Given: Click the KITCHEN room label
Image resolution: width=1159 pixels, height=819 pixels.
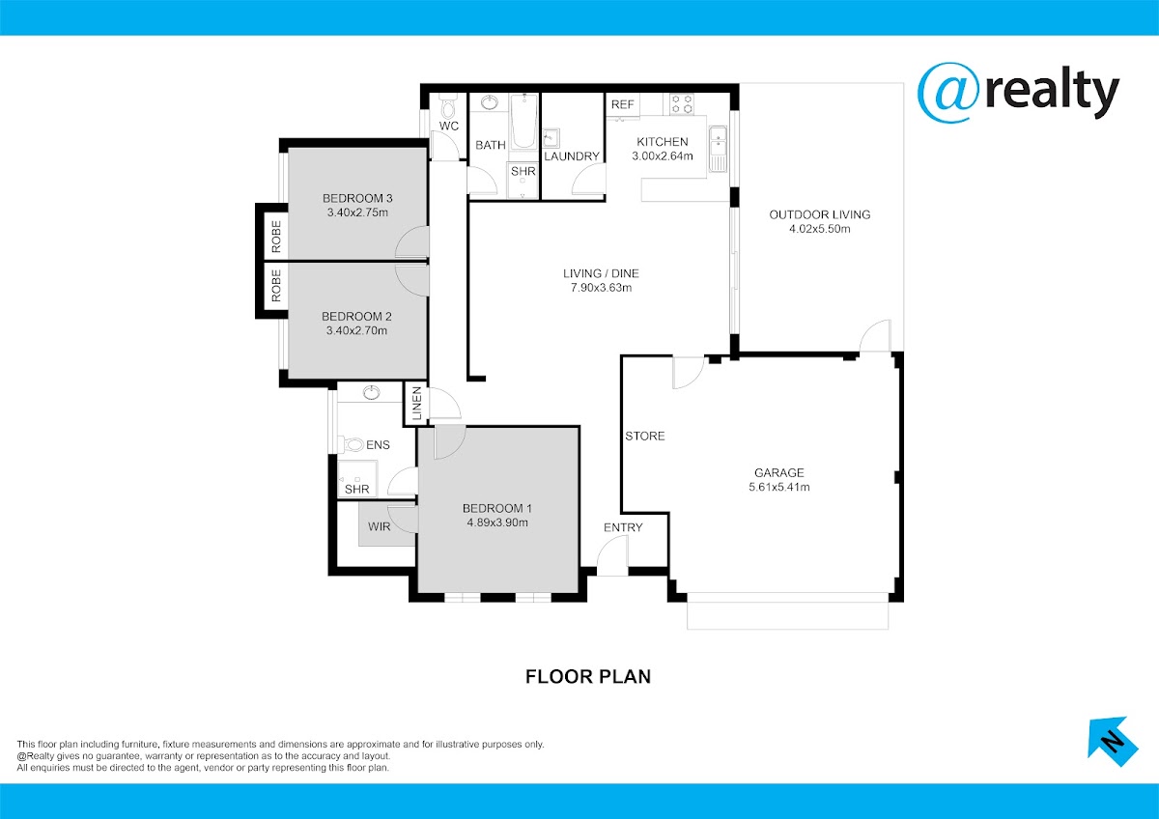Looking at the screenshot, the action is pyautogui.click(x=663, y=142).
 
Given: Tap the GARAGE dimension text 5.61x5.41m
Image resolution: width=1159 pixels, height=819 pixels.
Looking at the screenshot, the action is pyautogui.click(x=779, y=487).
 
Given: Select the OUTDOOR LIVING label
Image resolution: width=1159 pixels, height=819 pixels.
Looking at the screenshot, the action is pyautogui.click(x=820, y=214).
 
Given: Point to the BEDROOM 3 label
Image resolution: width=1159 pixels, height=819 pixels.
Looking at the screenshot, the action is pyautogui.click(x=357, y=198).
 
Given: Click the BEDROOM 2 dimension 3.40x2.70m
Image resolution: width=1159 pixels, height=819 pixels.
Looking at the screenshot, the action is pyautogui.click(x=356, y=330).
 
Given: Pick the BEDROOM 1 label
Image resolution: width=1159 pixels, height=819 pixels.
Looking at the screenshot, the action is pyautogui.click(x=497, y=509).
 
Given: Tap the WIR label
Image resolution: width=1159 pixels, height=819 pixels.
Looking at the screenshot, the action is pyautogui.click(x=380, y=526).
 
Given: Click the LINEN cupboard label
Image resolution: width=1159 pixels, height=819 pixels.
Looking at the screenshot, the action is pyautogui.click(x=417, y=404).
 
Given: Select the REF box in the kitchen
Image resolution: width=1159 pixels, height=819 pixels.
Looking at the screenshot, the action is pyautogui.click(x=622, y=104).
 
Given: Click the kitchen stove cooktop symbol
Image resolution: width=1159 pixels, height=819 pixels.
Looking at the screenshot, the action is pyautogui.click(x=682, y=104).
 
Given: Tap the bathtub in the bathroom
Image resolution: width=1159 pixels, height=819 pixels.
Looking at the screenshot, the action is pyautogui.click(x=524, y=121).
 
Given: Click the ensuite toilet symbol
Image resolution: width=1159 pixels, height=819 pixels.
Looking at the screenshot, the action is pyautogui.click(x=351, y=444).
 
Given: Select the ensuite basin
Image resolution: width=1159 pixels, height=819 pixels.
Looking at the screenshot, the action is pyautogui.click(x=371, y=393).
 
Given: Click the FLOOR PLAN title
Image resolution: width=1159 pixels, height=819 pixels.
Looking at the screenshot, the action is pyautogui.click(x=588, y=677).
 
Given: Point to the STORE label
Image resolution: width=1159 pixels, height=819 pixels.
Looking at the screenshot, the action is pyautogui.click(x=645, y=437).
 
